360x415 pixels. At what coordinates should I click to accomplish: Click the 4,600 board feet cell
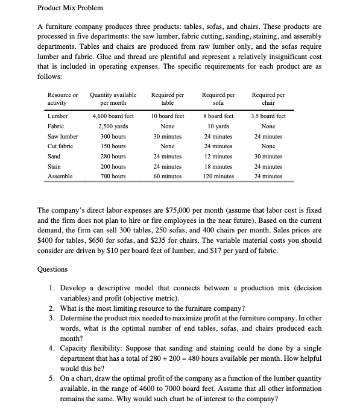click(112, 116)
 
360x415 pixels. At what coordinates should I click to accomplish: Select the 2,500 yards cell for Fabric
click(112, 126)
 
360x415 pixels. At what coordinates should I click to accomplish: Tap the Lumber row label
click(57, 116)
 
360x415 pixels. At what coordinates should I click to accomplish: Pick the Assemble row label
click(60, 176)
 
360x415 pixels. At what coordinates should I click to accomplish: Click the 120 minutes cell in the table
click(219, 176)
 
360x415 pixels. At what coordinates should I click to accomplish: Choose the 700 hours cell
click(112, 176)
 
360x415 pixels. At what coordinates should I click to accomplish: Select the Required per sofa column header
click(219, 99)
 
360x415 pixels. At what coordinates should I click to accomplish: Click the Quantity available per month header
click(113, 99)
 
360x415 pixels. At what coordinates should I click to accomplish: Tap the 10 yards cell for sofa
click(219, 126)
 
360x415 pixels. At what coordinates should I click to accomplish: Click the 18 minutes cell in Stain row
click(219, 166)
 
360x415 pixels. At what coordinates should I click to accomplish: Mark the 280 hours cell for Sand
click(112, 156)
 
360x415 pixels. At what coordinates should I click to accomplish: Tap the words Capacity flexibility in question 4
click(86, 348)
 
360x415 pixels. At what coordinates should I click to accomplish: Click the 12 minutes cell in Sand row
click(219, 156)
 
